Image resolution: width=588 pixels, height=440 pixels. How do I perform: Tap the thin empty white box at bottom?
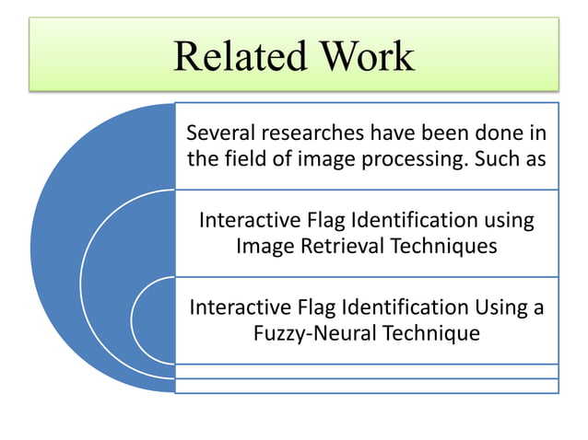pyautogui.click(x=367, y=386)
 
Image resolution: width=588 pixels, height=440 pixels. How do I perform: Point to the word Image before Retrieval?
pyautogui.click(x=265, y=246)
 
